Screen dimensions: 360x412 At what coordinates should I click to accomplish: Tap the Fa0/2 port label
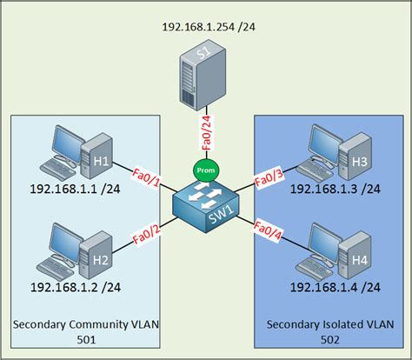pyautogui.click(x=147, y=233)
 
